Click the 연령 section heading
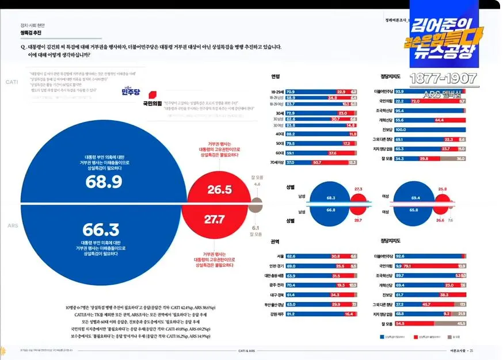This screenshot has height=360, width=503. [x=275, y=76]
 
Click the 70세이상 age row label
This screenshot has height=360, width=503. [x=277, y=163]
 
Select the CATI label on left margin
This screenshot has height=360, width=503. [x=12, y=82]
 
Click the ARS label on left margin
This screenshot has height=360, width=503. [x=12, y=225]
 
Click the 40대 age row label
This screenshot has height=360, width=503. [x=280, y=133]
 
